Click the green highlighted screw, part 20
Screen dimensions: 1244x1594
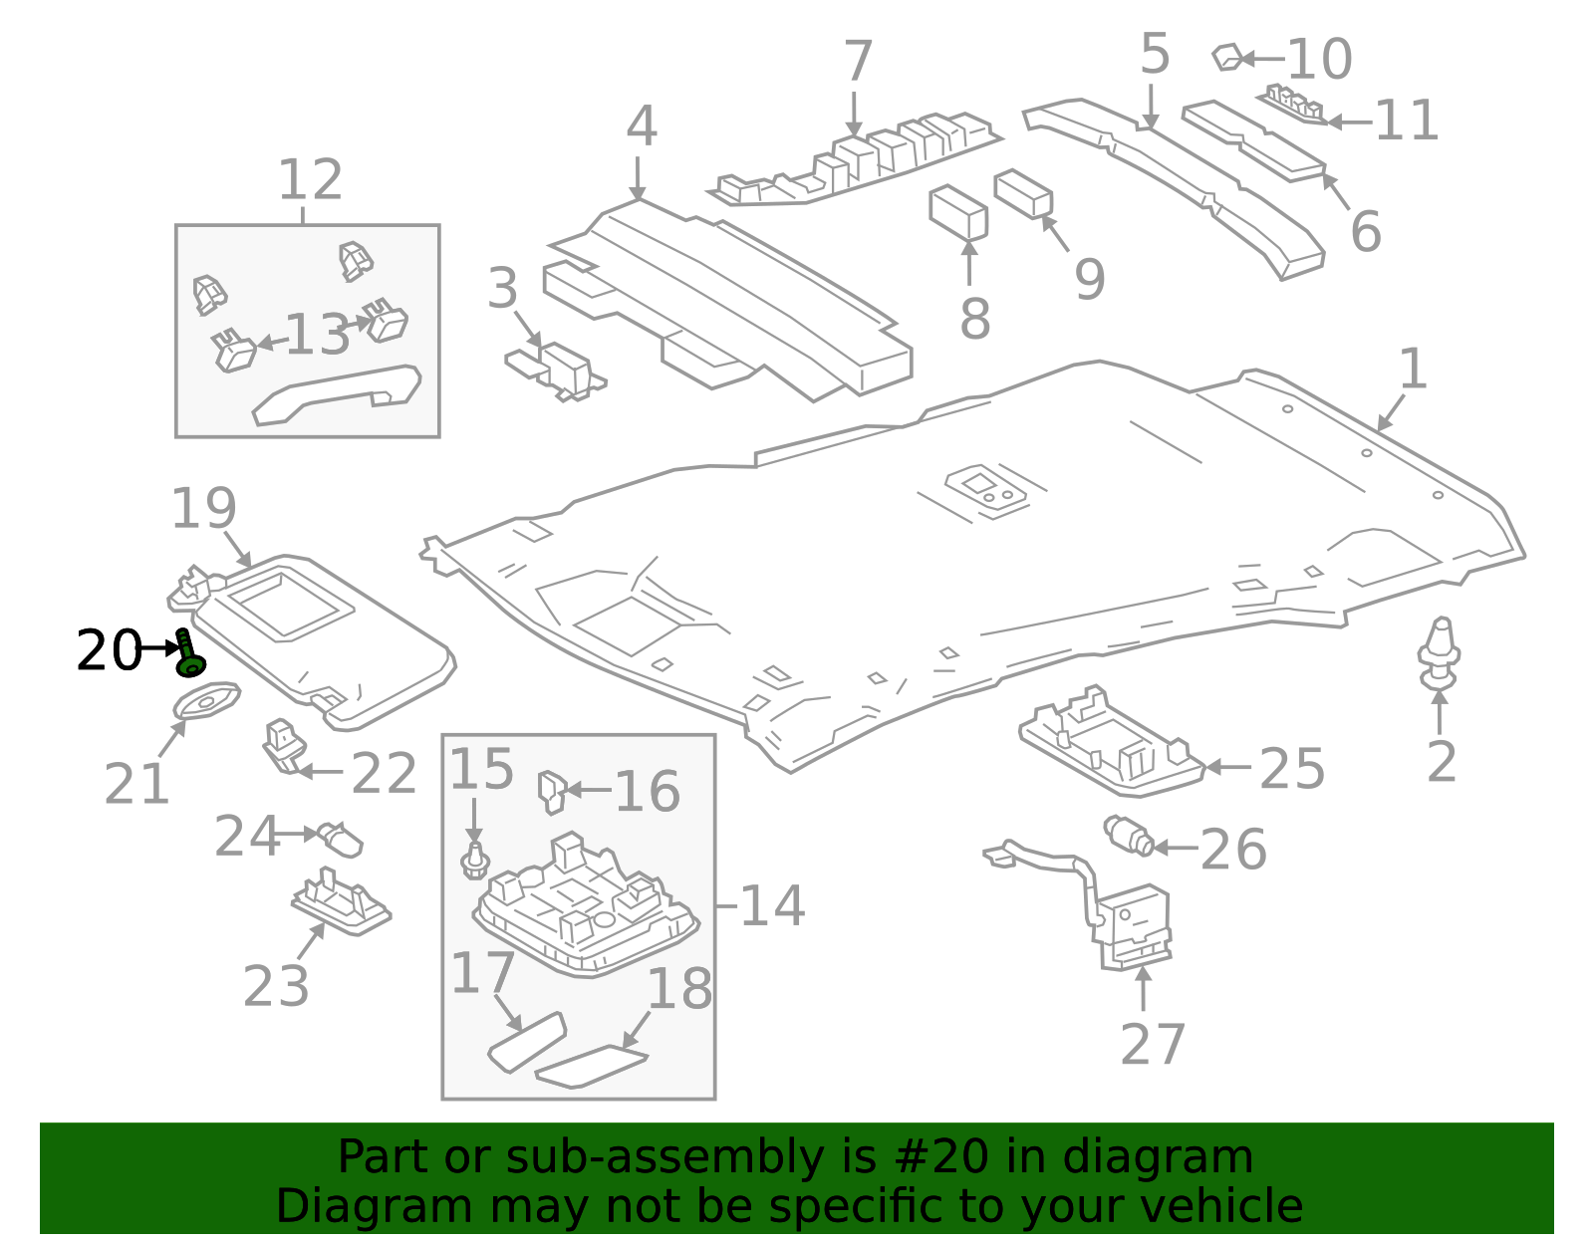tap(188, 655)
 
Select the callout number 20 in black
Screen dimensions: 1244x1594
tap(108, 651)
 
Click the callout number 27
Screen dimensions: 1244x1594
tap(1153, 1045)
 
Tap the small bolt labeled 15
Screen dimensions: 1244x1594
tap(475, 862)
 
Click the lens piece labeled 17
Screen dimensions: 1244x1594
tap(526, 1042)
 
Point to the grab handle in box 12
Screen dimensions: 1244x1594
tap(337, 394)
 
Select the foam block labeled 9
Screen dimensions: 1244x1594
tap(1023, 193)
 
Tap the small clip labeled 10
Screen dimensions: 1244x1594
tap(1227, 58)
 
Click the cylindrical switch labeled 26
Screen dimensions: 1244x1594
tap(1129, 836)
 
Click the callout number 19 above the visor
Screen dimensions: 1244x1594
tap(203, 509)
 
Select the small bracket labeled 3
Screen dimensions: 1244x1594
tap(558, 370)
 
